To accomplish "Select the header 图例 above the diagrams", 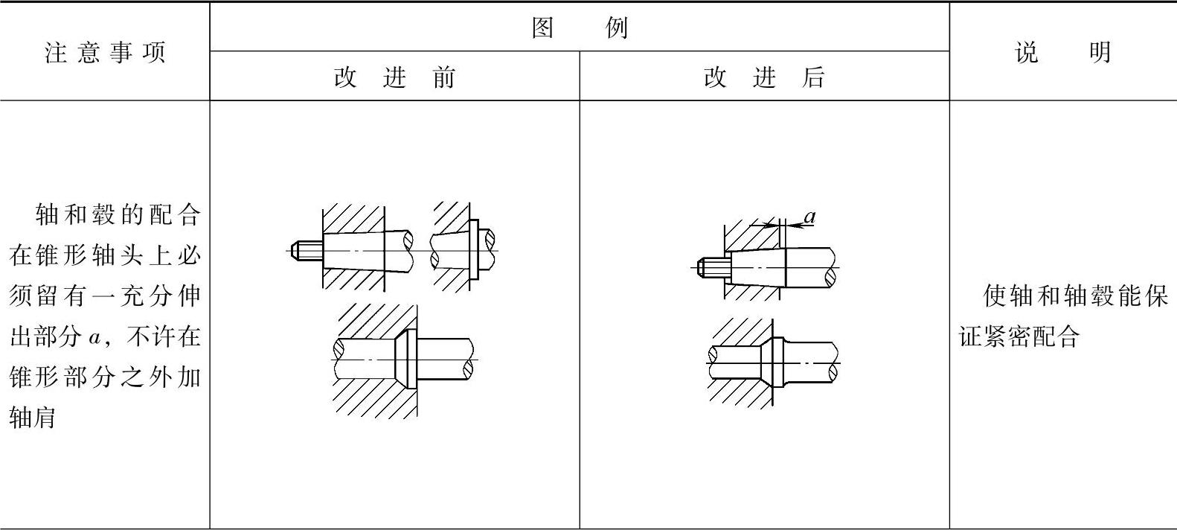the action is click(580, 28).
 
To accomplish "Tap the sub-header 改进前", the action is click(394, 77).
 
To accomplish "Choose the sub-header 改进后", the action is click(764, 77).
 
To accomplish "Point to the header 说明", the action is click(1062, 53).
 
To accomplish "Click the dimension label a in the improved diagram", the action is click(810, 217).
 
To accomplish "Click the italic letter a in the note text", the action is click(94, 337).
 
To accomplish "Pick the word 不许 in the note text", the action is click(152, 337).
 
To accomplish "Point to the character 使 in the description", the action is click(995, 296).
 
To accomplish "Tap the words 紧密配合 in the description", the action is click(1031, 337).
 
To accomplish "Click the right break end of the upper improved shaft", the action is click(831, 276).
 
